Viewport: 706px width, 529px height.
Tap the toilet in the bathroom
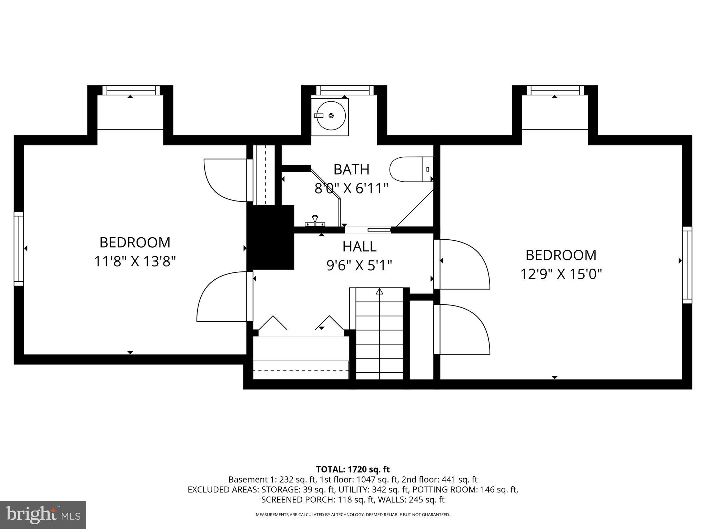(410, 169)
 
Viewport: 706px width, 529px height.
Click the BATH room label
(351, 169)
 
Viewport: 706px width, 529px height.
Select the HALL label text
(359, 247)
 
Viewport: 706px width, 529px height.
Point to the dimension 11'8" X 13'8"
(135, 261)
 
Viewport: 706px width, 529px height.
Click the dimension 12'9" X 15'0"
(561, 274)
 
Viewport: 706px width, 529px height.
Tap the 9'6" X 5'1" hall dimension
(359, 266)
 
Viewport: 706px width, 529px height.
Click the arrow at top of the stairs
(380, 292)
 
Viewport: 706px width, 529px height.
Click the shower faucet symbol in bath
(314, 221)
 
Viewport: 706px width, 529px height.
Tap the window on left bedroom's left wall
(19, 249)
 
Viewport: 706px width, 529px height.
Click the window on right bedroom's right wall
(687, 265)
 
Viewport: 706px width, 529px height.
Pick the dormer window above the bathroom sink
(345, 90)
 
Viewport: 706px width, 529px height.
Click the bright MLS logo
(43, 515)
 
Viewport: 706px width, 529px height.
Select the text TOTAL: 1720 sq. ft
(353, 469)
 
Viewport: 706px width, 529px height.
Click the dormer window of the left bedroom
(131, 90)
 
